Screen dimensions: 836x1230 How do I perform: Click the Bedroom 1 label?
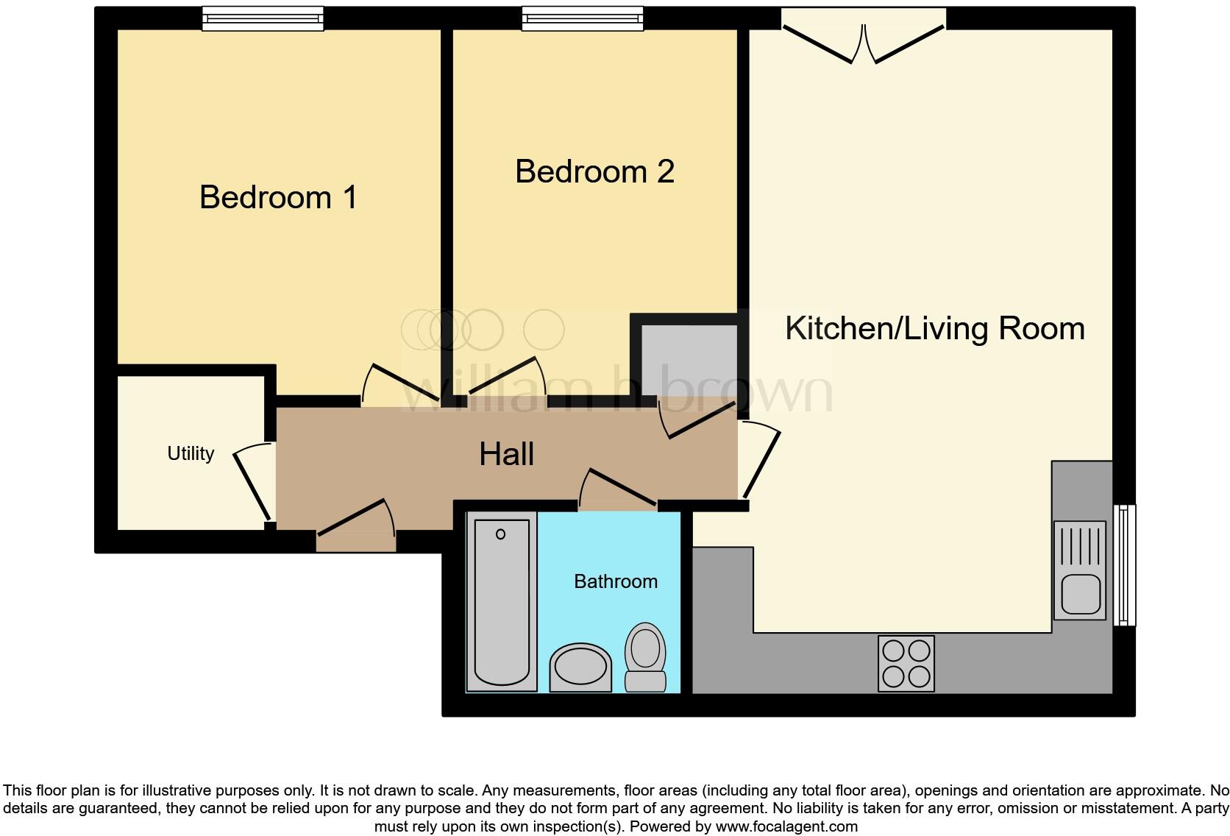pos(278,197)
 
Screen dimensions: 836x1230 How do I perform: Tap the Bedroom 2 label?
pos(594,171)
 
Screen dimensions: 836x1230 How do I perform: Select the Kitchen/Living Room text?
pos(934,328)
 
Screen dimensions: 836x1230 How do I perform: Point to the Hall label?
pos(506,454)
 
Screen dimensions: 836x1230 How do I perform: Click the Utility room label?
pos(191,453)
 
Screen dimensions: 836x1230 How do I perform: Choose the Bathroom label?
pos(615,581)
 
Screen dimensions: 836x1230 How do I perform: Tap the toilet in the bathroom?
pos(645,656)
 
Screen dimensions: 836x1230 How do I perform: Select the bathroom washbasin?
pos(580,667)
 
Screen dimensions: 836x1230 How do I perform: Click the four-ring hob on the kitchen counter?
pos(906,664)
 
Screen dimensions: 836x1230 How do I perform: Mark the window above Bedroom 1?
pos(263,18)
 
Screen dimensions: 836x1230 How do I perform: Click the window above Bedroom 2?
pos(582,18)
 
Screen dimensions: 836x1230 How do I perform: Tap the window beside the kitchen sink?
pos(1124,564)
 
